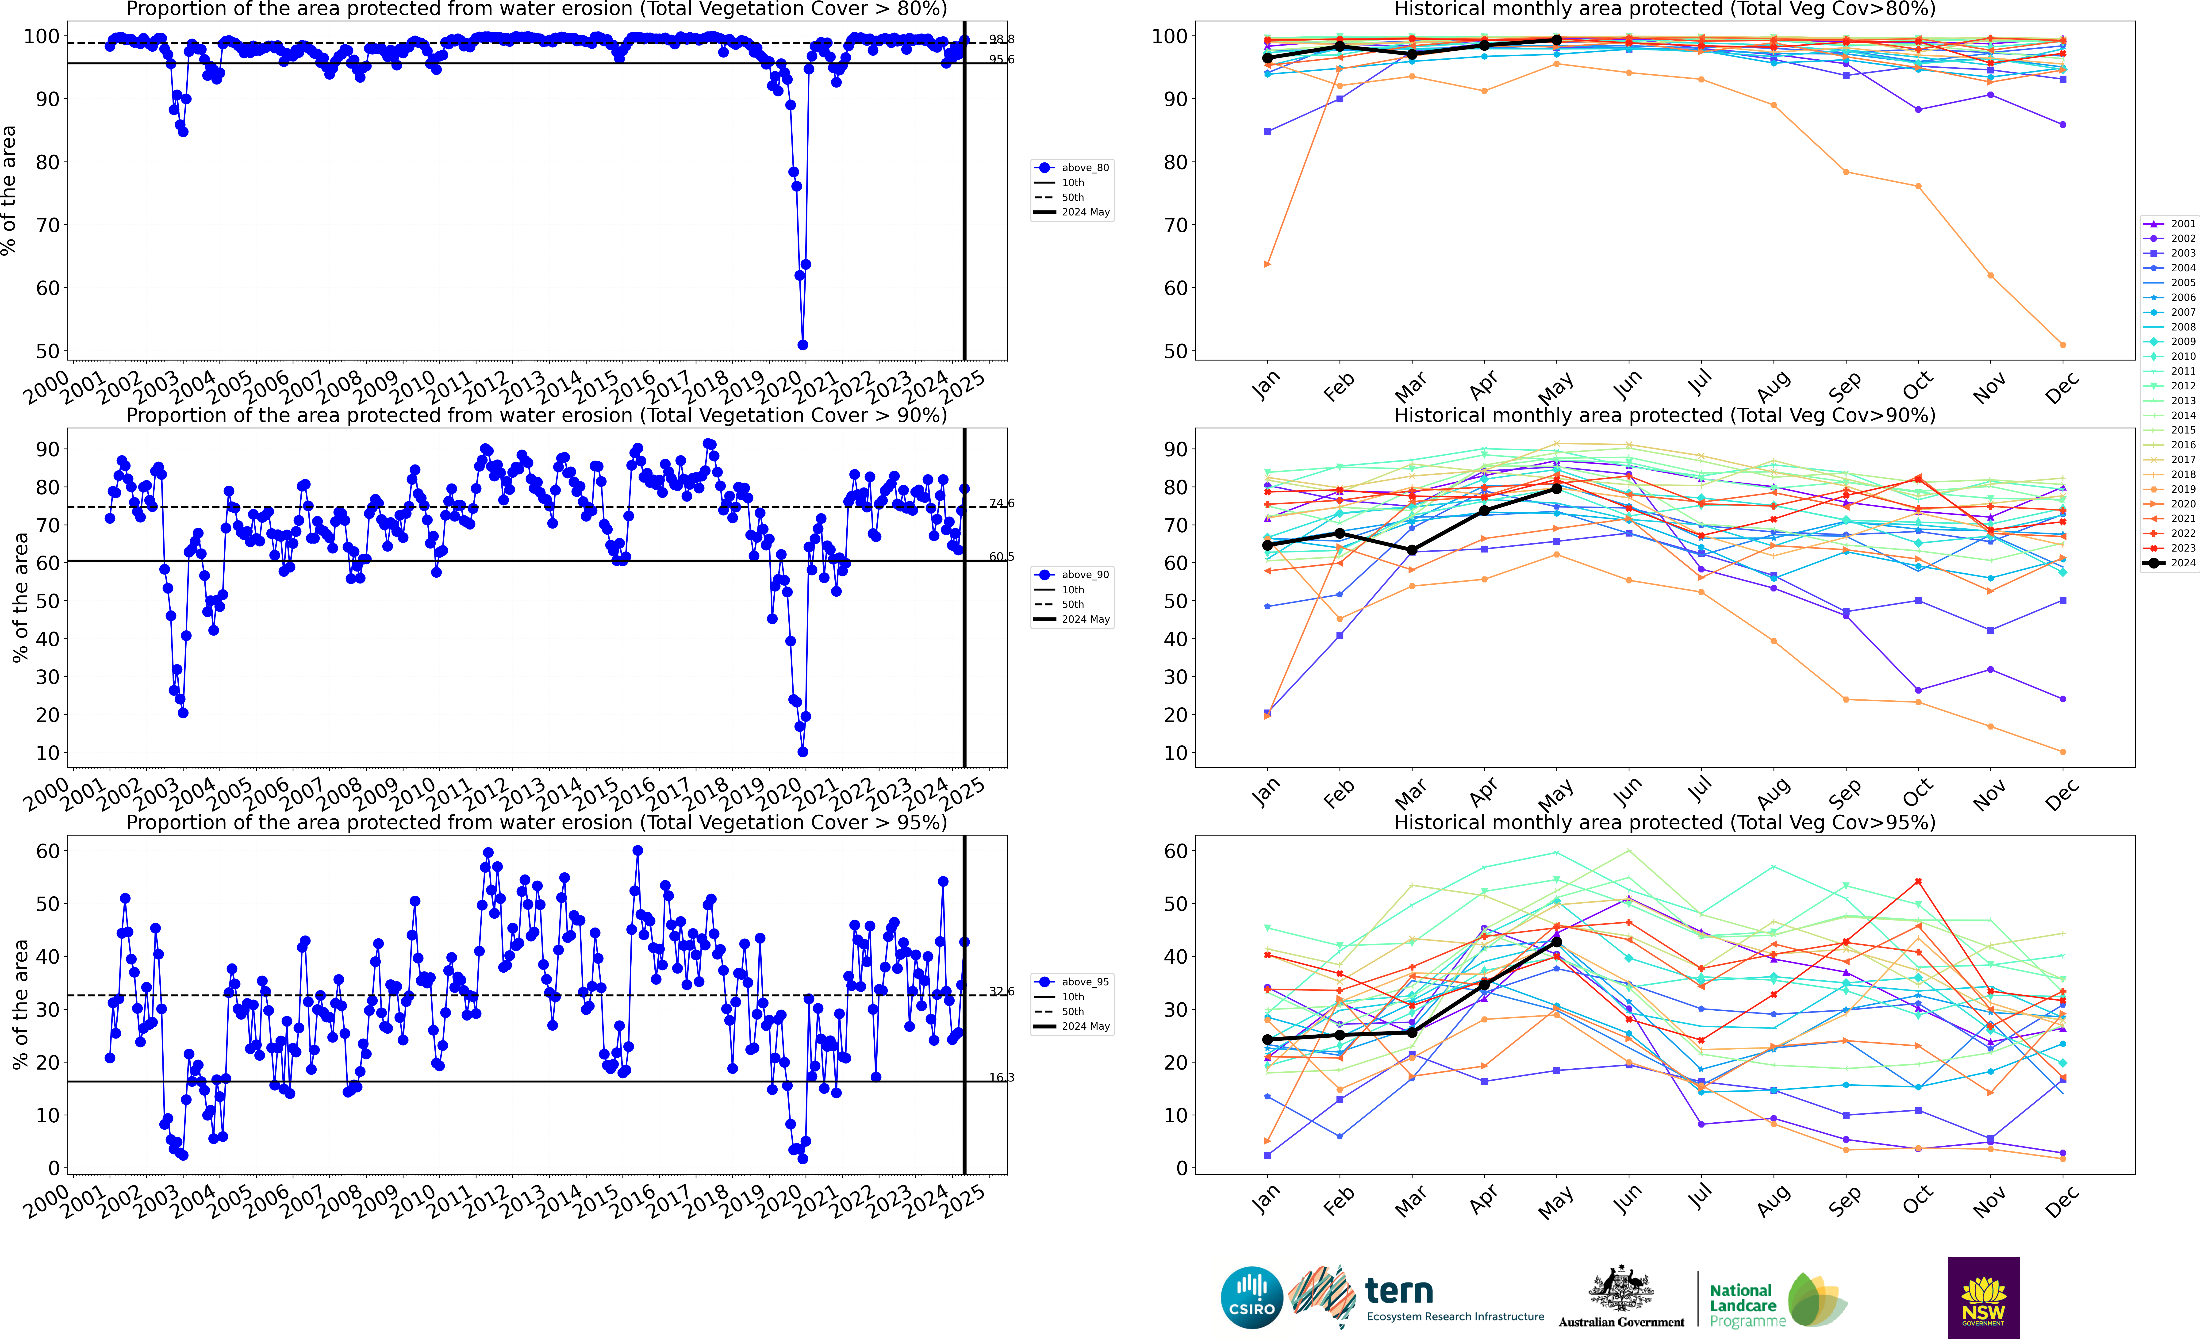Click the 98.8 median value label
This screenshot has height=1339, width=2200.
1002,39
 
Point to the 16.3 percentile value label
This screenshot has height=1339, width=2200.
1002,1078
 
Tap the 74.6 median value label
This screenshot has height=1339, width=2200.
1002,503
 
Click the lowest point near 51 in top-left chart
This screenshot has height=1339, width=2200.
803,345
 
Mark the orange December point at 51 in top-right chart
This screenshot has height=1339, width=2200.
2062,345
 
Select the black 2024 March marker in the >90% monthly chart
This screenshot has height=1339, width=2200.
1412,550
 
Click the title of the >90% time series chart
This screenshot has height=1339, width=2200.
537,415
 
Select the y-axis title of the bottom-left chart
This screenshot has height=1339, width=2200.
20,1004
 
